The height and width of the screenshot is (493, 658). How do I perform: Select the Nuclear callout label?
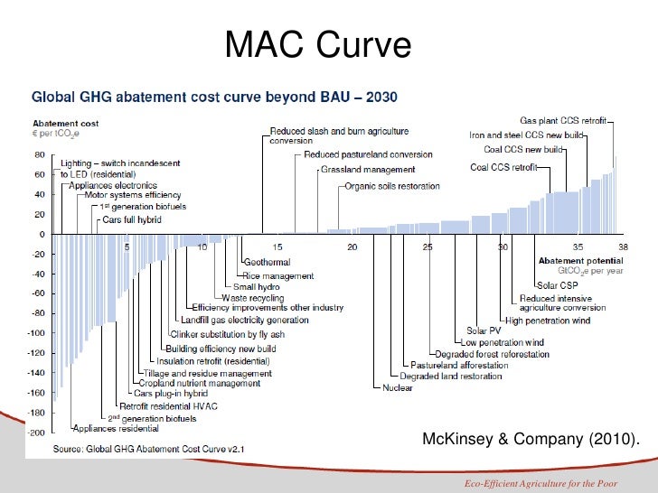tap(398, 388)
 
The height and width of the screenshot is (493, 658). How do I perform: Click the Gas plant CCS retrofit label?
tap(563, 120)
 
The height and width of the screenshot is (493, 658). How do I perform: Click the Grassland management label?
tap(368, 170)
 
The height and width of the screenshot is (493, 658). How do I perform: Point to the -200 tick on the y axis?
tap(38, 433)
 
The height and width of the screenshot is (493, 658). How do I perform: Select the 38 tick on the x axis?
tap(622, 246)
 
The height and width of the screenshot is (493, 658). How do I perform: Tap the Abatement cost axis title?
tap(66, 124)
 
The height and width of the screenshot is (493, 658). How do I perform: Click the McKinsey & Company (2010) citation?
tap(529, 440)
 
